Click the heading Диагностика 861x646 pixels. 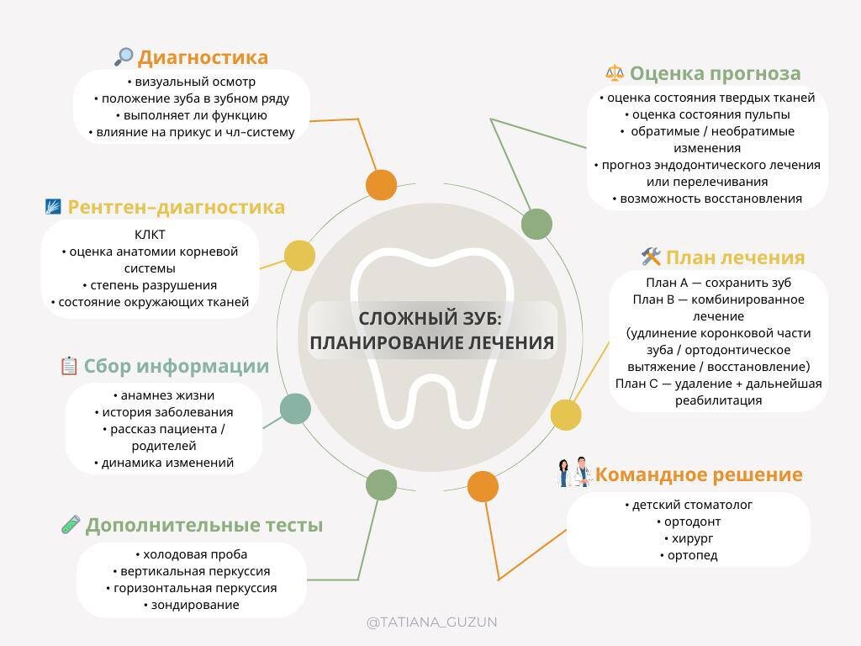pyautogui.click(x=203, y=57)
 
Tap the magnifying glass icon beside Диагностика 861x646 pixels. pyautogui.click(x=124, y=56)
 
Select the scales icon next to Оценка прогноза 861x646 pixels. pyautogui.click(x=615, y=72)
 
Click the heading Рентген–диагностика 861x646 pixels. pyautogui.click(x=176, y=207)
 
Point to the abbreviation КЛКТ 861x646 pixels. pyautogui.click(x=150, y=234)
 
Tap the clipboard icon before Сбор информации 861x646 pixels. pyautogui.click(x=69, y=366)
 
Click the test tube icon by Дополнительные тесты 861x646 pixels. pyautogui.click(x=71, y=524)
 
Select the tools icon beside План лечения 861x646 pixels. pyautogui.click(x=651, y=256)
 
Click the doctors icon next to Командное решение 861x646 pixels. pyautogui.click(x=574, y=474)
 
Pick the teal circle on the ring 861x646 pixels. pyautogui.click(x=295, y=409)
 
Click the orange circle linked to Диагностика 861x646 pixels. pyautogui.click(x=381, y=184)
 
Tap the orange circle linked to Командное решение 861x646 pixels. pyautogui.click(x=483, y=486)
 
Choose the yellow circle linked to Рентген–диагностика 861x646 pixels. pyautogui.click(x=299, y=256)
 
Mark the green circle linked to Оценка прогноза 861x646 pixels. pyautogui.click(x=536, y=224)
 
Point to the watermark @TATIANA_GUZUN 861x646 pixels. pyautogui.click(x=431, y=622)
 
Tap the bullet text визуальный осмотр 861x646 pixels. pyautogui.click(x=195, y=82)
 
